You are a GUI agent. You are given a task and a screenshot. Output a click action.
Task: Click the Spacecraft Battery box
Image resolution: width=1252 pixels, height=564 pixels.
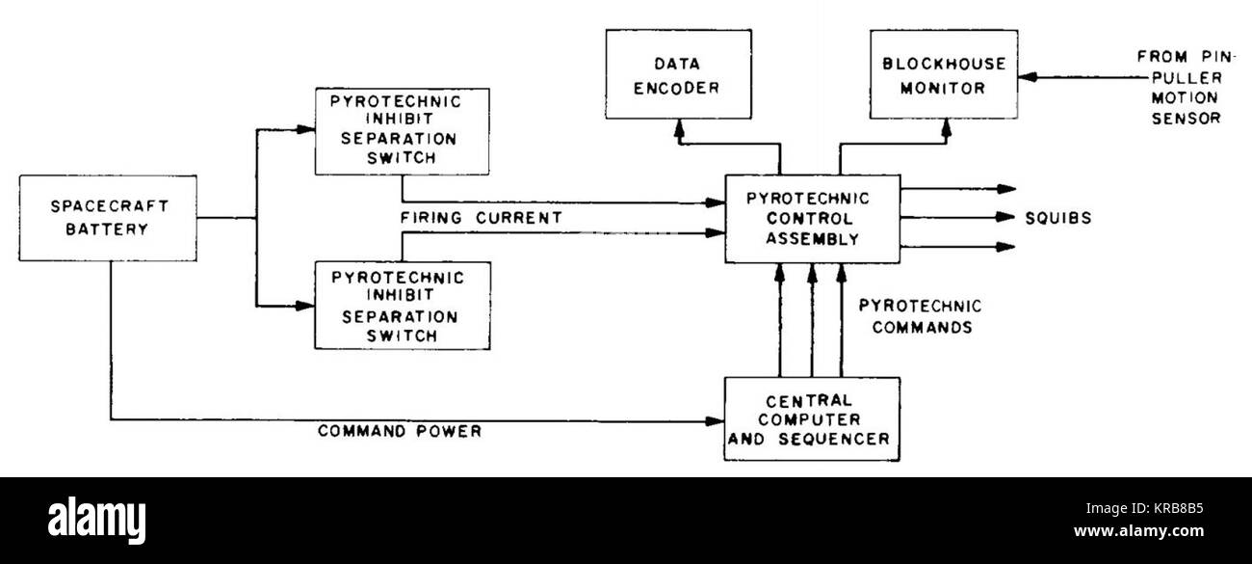pos(108,218)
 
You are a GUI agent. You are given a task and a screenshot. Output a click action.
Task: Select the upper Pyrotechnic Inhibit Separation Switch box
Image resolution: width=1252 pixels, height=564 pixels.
pos(402,132)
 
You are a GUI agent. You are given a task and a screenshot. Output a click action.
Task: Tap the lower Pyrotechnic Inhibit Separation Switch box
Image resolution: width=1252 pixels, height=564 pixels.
pos(402,307)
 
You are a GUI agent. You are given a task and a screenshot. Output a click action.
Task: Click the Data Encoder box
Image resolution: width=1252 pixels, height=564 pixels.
pos(678,75)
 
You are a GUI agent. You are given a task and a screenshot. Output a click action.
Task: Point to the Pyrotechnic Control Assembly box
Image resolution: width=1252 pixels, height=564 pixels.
pos(812,219)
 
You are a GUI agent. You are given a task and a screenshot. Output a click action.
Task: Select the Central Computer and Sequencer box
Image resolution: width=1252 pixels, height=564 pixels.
pos(812,417)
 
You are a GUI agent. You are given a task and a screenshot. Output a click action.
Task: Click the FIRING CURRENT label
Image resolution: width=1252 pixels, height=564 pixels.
pos(481,218)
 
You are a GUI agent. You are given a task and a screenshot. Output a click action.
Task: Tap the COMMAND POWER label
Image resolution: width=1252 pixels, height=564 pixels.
pos(400,431)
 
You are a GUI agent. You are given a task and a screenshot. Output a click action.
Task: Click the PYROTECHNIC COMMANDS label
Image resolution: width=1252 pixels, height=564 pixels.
pos(920,316)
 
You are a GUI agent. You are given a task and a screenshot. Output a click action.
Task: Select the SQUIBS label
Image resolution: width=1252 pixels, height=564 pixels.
pos(1058,219)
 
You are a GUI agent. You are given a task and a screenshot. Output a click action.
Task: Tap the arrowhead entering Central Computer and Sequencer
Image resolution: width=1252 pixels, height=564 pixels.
pos(715,421)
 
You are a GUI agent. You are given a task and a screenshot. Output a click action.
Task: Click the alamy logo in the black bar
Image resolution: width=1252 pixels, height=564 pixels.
pos(96,520)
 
